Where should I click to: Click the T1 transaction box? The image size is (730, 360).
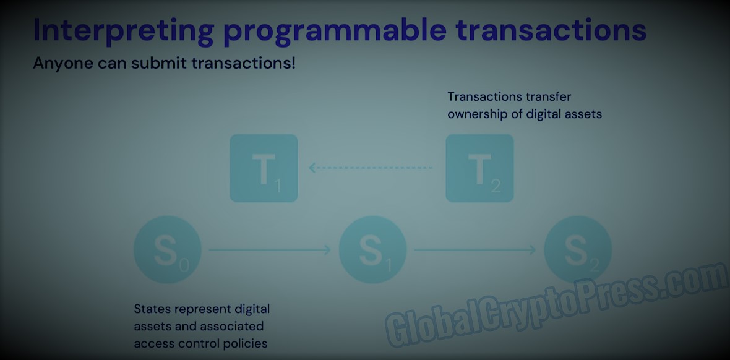coord(264,168)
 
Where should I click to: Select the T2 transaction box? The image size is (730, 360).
coord(479,168)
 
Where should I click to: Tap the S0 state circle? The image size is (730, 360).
coord(168,250)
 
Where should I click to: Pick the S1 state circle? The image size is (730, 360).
coord(372,250)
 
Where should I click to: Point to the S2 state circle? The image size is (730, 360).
coord(578,250)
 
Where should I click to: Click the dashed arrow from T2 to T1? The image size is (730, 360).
coord(371,168)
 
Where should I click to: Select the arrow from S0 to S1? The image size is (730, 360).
coord(270,250)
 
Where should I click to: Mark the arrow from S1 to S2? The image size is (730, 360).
coord(475,250)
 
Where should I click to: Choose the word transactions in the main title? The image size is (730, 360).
coord(551,29)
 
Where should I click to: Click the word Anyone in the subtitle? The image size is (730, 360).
coord(63,64)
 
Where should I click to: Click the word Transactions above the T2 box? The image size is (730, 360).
coord(483,97)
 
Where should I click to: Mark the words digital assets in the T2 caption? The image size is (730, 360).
coord(564,114)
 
